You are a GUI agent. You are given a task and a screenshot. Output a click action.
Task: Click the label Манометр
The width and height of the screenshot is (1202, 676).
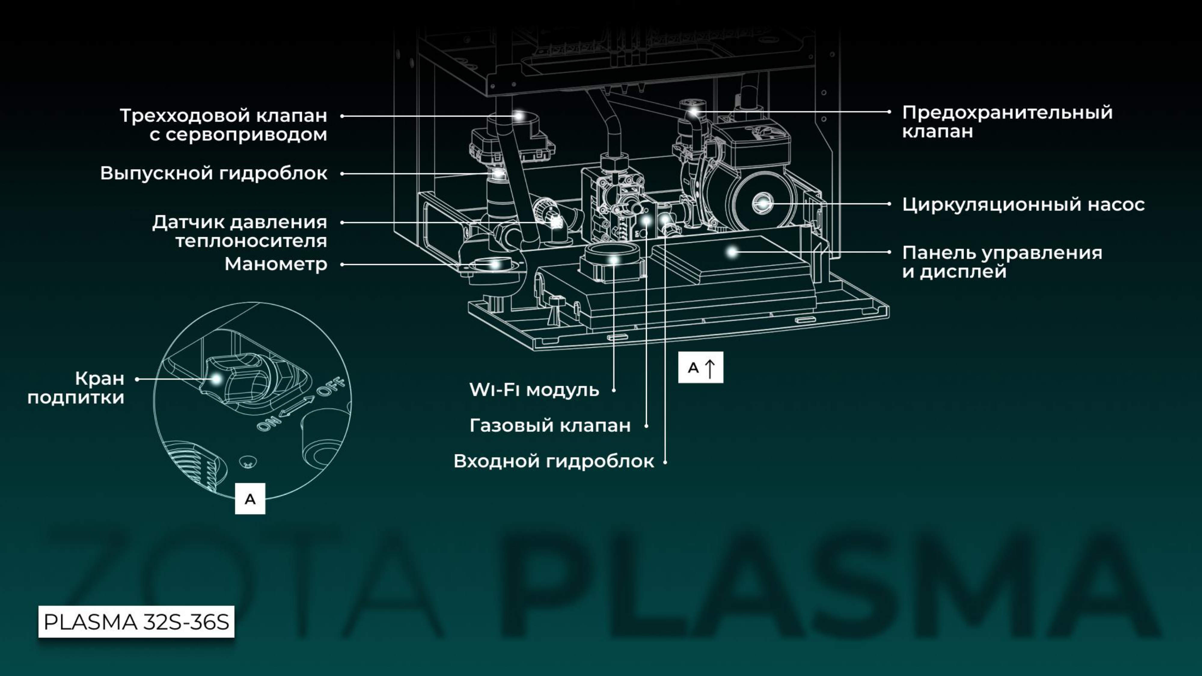tap(276, 264)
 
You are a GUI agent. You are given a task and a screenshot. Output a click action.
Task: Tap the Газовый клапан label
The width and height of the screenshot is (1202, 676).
tap(550, 425)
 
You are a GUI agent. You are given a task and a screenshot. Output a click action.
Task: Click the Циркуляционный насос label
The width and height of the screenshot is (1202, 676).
tap(1023, 204)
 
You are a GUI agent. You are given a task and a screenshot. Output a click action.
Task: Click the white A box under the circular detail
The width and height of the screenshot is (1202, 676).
tap(250, 499)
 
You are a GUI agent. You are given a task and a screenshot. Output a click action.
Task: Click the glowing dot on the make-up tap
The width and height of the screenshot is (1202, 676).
tap(216, 379)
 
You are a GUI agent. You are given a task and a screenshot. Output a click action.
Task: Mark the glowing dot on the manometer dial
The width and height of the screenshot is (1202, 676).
tap(495, 264)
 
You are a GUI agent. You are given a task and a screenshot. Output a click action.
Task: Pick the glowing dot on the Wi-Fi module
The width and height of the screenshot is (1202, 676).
tap(613, 260)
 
